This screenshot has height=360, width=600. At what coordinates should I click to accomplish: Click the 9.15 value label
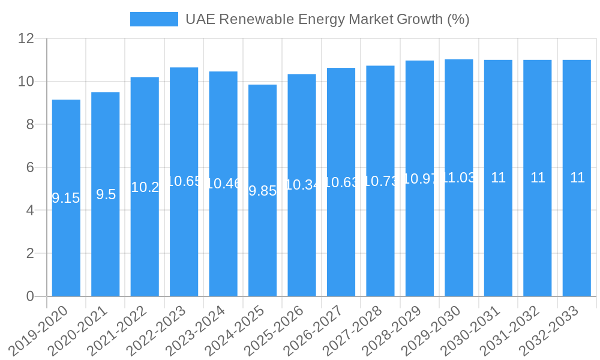pos(66,199)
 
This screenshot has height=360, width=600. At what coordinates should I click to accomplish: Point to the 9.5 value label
pos(106,194)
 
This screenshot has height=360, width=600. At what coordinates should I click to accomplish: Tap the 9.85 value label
pos(262,191)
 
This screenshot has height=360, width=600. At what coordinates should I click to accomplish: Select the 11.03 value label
pos(459,178)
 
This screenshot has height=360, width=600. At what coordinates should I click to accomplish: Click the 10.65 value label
pos(184,181)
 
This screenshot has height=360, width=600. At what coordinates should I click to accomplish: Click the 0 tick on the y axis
pos(29,296)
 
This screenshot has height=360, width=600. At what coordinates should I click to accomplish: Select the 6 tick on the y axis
pos(29,167)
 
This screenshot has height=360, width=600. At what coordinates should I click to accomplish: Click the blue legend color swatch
pos(154,19)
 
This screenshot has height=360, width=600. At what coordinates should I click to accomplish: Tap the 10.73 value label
pos(380,181)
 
